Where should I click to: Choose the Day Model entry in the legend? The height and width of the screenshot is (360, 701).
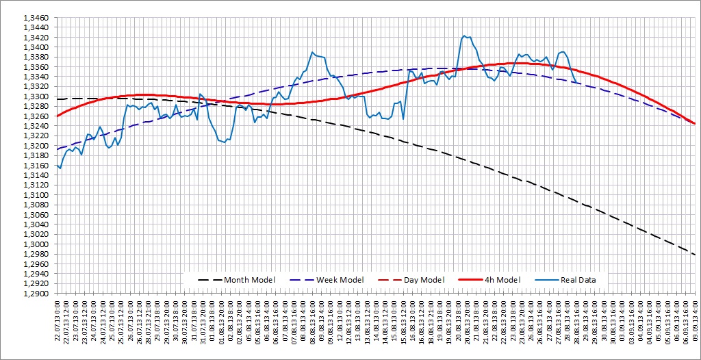click(x=423, y=280)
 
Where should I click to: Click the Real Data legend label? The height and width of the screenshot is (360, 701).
click(x=578, y=280)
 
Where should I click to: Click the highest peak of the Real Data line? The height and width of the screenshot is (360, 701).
click(x=465, y=36)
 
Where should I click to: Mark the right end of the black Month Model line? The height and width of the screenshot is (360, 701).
click(x=696, y=255)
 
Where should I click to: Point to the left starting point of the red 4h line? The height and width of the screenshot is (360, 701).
click(x=58, y=116)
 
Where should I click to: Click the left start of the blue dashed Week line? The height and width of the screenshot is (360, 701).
click(x=58, y=149)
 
